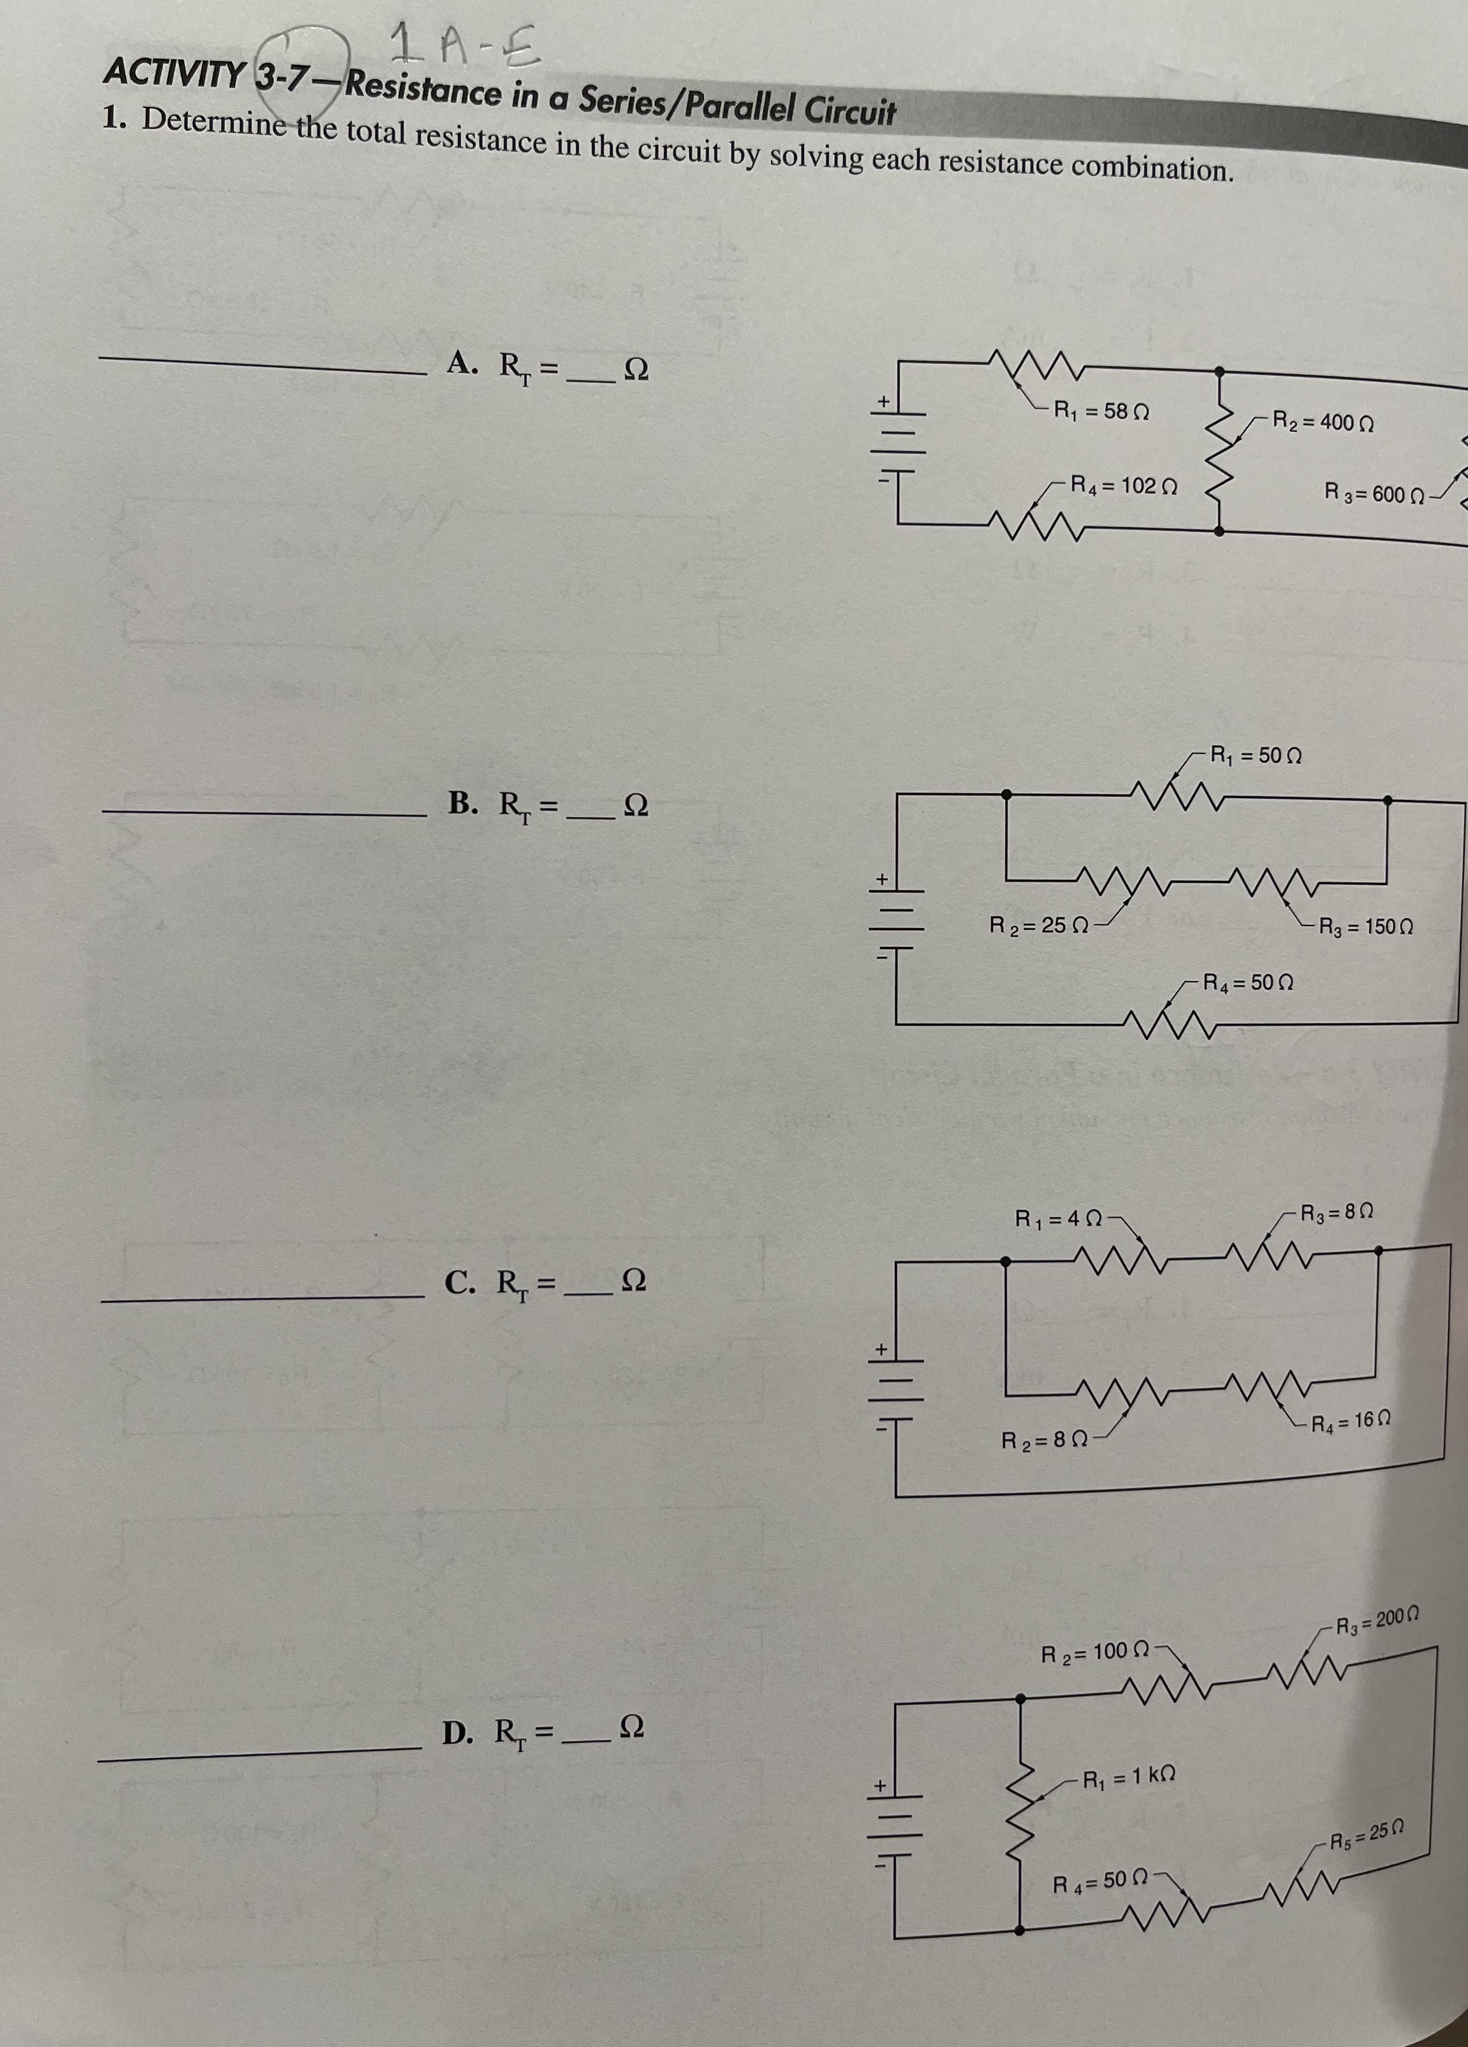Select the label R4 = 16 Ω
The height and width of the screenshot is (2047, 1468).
tap(1349, 1425)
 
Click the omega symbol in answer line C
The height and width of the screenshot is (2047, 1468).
tap(635, 1280)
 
